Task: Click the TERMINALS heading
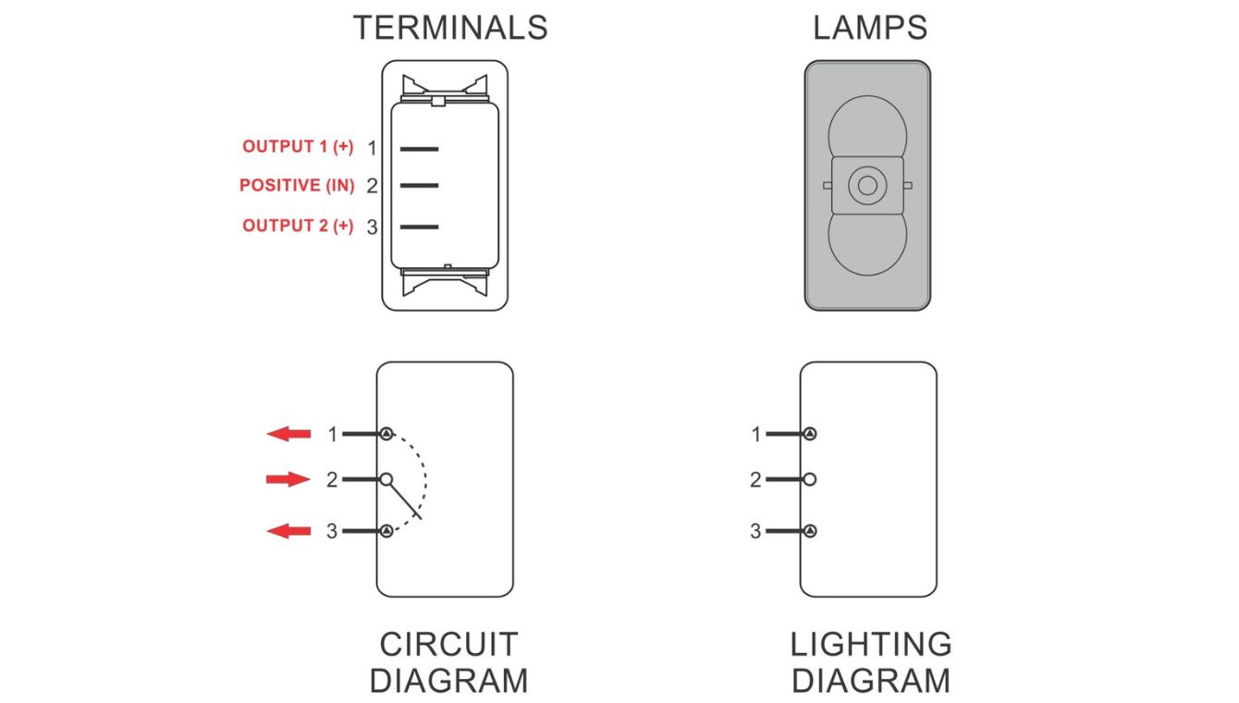(x=449, y=28)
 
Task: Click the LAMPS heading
(x=869, y=28)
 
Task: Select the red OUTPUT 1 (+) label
(x=298, y=147)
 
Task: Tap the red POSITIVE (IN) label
(x=297, y=186)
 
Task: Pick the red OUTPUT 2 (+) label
(x=298, y=226)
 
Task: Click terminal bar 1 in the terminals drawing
(x=419, y=148)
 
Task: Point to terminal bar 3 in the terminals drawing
(x=419, y=227)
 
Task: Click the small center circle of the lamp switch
(x=867, y=185)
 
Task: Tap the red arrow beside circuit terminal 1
(x=288, y=433)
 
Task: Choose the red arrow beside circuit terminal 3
(x=288, y=531)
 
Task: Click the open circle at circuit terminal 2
(x=386, y=479)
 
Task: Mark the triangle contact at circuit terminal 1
(x=386, y=433)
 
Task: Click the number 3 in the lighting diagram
(x=755, y=531)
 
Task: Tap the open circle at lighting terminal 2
(x=810, y=479)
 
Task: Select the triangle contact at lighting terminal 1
(x=810, y=433)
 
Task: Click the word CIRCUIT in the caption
(x=448, y=644)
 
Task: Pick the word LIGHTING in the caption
(x=871, y=644)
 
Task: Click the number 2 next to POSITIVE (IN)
(x=372, y=186)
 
